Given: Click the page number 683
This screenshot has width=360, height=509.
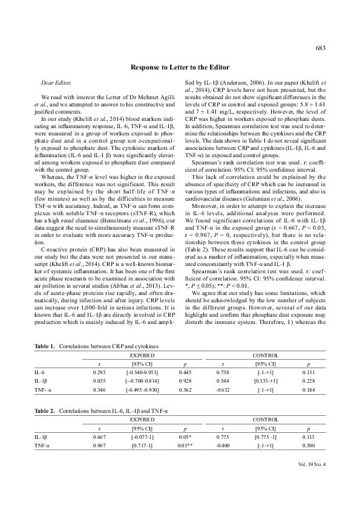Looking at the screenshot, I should pos(320,47).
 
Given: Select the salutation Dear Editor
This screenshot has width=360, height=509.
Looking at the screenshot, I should pos(51,80).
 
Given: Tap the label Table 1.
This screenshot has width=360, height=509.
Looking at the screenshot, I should pos(44,346).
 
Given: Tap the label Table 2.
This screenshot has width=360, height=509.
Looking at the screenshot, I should pos(44,410).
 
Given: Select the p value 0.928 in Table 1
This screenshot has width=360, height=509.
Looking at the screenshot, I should pos(186,382).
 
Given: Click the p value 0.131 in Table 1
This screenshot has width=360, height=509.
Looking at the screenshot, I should pos(308,373).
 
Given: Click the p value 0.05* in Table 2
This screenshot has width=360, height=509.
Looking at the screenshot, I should pos(186,437).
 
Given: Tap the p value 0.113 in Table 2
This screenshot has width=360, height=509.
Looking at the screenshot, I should pos(308,437).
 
